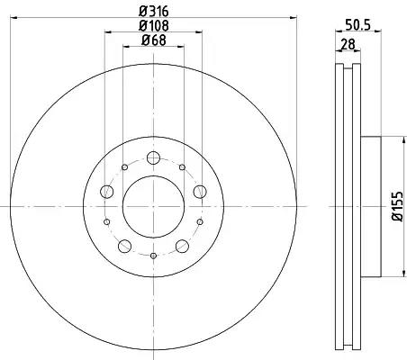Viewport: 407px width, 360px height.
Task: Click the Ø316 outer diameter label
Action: (154, 12)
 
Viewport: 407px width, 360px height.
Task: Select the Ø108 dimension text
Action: (154, 26)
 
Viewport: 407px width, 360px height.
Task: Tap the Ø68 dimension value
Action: (154, 40)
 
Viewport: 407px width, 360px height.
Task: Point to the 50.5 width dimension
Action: (358, 24)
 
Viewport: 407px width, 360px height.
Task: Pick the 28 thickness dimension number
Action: (348, 44)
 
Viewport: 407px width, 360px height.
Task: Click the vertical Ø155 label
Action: (397, 206)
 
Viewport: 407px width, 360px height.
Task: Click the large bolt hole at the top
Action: (153, 157)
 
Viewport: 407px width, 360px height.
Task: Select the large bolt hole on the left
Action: (106, 192)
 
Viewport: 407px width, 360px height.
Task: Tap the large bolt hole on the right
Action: (200, 192)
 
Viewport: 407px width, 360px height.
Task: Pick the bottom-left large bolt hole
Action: (124, 247)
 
